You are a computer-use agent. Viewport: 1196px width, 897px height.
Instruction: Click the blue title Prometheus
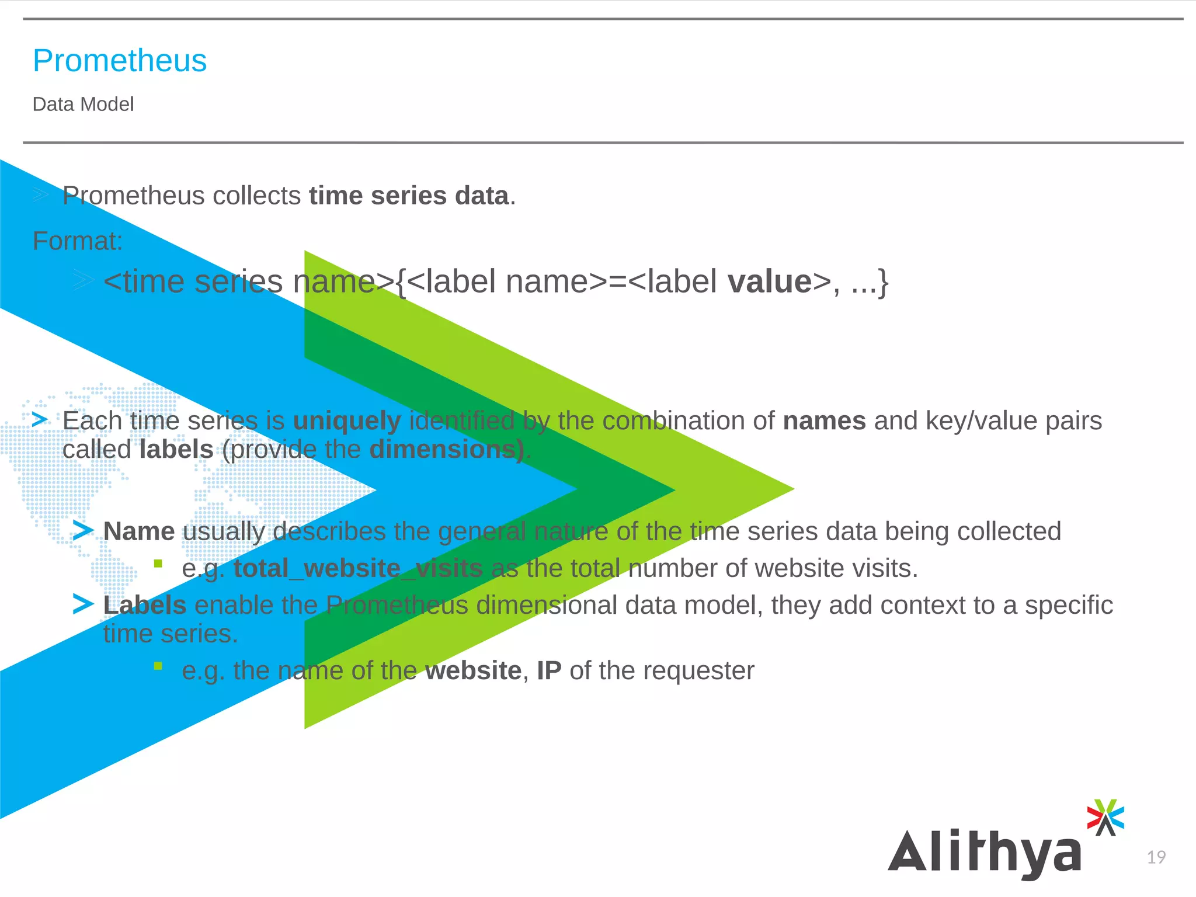(x=120, y=61)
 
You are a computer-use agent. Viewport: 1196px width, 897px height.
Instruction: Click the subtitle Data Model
(x=83, y=105)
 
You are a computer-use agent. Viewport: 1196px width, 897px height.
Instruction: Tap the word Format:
(x=78, y=241)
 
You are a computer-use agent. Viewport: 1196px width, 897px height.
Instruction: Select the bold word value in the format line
(x=770, y=282)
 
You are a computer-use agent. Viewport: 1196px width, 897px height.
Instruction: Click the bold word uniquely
(x=347, y=421)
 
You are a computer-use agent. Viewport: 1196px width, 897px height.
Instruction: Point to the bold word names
(x=824, y=421)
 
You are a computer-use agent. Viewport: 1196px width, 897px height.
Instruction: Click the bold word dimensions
(x=446, y=450)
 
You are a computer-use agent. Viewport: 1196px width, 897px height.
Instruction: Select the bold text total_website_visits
(x=358, y=568)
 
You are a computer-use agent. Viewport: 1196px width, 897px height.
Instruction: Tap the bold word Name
(x=139, y=531)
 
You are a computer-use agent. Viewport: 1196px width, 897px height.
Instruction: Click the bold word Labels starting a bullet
(x=145, y=605)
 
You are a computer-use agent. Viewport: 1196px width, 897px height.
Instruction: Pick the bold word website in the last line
(x=473, y=670)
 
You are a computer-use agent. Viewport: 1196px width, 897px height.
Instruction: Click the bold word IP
(x=549, y=670)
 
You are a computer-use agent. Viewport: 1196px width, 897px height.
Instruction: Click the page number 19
(x=1156, y=857)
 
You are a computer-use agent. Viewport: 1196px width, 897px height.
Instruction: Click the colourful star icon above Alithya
(x=1105, y=817)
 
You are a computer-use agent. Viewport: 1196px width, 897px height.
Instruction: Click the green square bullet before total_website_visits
(x=158, y=564)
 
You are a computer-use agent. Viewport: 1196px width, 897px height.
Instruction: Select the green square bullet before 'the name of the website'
(x=158, y=666)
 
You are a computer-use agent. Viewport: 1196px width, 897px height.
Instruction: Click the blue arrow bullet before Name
(x=83, y=531)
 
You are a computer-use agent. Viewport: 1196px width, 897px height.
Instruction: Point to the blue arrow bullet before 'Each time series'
(x=40, y=419)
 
